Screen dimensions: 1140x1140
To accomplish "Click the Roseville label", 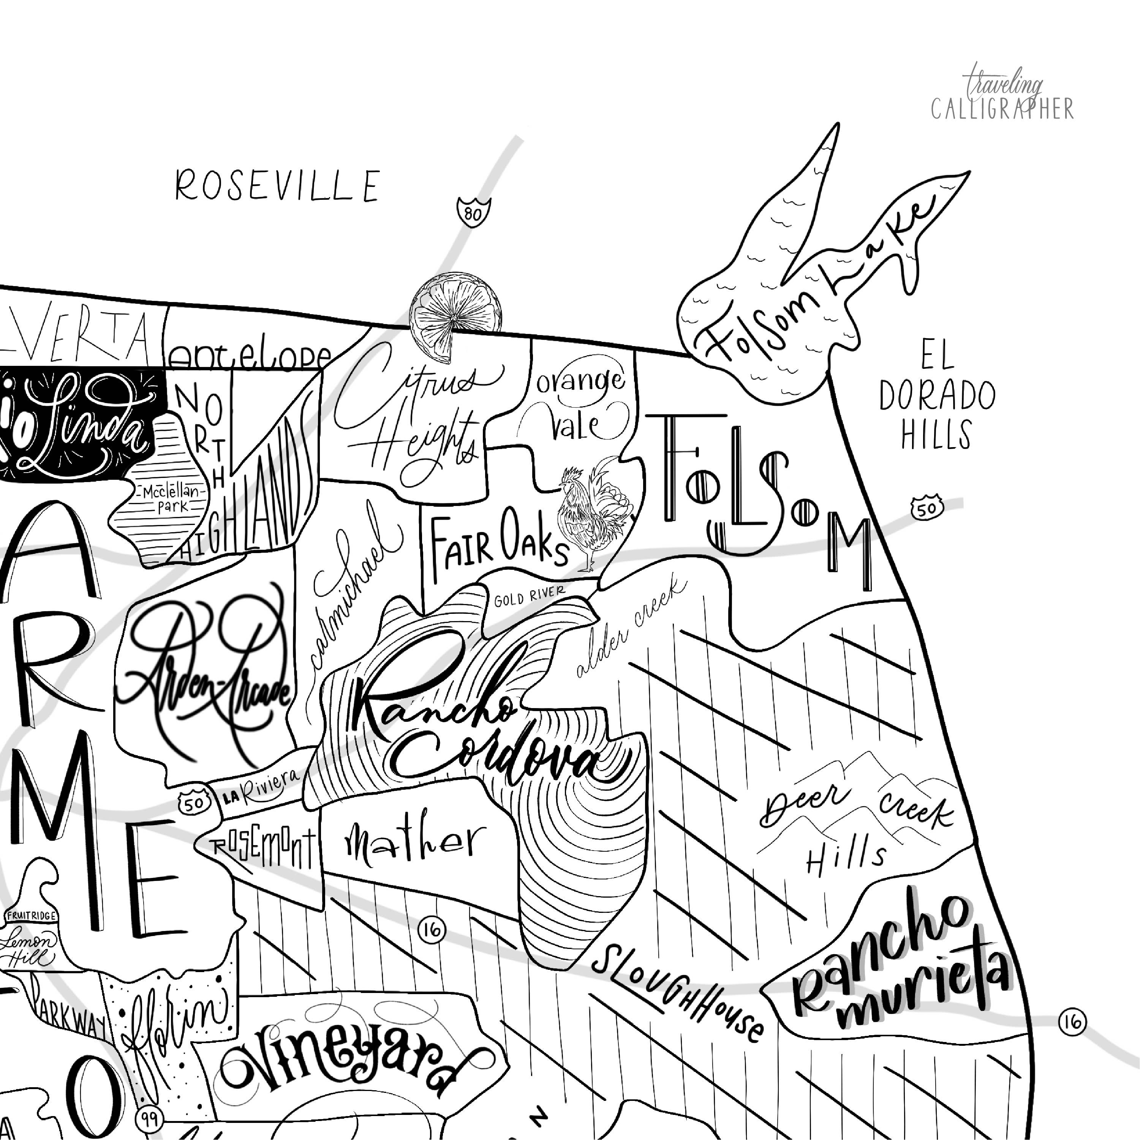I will [x=277, y=186].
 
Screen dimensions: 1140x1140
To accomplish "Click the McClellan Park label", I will [x=172, y=499].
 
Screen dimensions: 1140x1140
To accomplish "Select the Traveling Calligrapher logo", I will [x=1002, y=95].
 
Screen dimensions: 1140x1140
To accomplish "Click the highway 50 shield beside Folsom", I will [x=927, y=508].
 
